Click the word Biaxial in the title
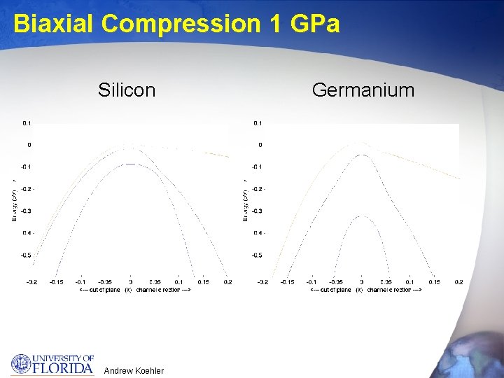(54, 24)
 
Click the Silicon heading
(127, 90)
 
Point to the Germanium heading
(363, 90)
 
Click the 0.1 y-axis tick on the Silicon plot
(27, 123)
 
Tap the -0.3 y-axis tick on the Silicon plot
(26, 211)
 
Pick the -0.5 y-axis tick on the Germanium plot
(257, 255)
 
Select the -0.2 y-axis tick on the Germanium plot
(257, 189)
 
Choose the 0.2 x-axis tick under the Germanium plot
(458, 282)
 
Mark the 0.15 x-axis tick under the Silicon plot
(203, 282)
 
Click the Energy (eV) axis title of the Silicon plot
(13, 199)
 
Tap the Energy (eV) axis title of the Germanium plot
(244, 199)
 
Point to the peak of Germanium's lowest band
(361, 216)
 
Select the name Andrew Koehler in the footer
(133, 370)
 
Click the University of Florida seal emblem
(22, 365)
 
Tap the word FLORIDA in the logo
(64, 368)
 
